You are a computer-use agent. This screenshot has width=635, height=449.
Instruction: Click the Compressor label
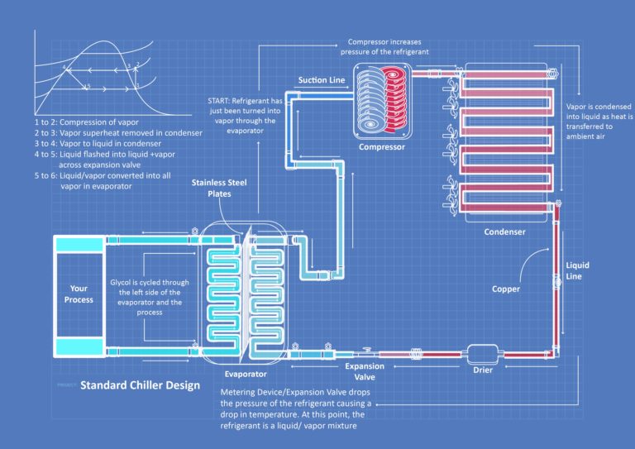point(381,147)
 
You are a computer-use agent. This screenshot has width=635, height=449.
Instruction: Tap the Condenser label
point(504,232)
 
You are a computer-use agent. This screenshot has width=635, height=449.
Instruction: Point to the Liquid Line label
point(577,270)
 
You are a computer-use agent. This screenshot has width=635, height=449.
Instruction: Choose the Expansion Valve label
point(364,371)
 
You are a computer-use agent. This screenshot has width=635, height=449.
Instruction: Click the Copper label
point(506,289)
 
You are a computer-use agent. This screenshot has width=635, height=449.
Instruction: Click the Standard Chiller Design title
point(140,385)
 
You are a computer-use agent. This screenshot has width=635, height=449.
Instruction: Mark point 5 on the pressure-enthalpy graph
point(87,86)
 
